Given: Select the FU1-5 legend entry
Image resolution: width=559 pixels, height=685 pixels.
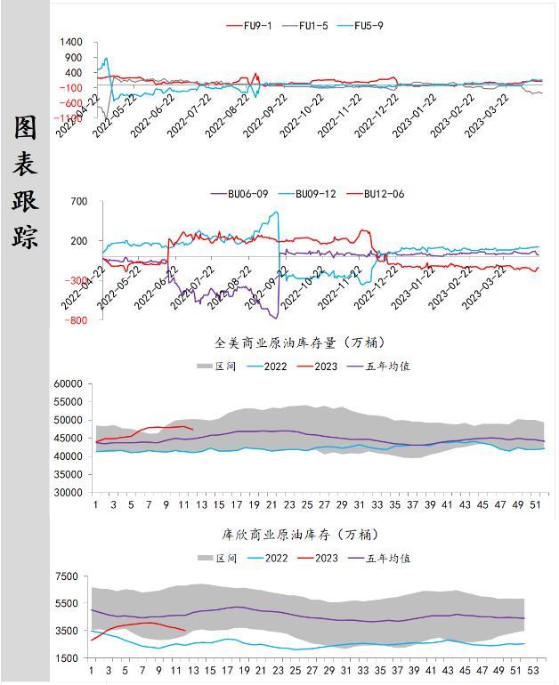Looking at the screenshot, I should click(x=311, y=26).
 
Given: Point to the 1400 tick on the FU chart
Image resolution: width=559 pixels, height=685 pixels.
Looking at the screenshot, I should click(x=71, y=42).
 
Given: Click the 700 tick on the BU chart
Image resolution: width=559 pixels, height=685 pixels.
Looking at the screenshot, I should click(x=79, y=202).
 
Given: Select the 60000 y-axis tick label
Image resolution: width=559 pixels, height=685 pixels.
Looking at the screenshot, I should click(x=69, y=383).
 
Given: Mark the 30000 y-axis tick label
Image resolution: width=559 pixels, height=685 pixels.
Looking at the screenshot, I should click(x=69, y=492).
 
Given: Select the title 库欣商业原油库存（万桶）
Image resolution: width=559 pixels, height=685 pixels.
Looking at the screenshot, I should click(x=300, y=535).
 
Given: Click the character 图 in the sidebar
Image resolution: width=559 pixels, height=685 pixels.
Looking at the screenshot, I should click(x=25, y=128).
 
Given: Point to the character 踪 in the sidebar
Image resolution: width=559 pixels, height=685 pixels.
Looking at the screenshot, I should click(x=25, y=236).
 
